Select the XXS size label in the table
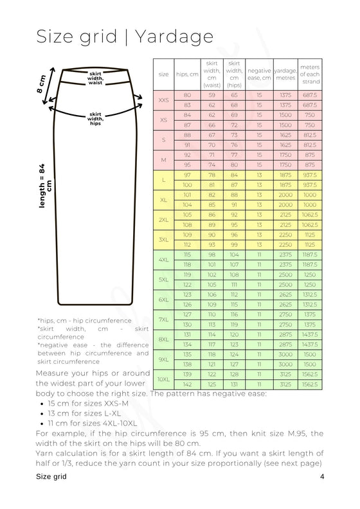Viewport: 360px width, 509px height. coord(163,100)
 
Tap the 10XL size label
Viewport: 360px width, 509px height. coord(163,380)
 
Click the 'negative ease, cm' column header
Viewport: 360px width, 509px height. coord(259,74)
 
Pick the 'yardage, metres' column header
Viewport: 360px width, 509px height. coord(285,74)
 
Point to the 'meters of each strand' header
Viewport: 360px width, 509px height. coord(310,74)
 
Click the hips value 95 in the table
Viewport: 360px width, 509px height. coord(187,165)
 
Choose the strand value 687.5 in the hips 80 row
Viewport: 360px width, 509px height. coord(310,95)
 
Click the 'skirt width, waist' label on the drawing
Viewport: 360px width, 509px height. coord(96,77)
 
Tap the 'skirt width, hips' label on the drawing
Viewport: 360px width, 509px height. coord(96,119)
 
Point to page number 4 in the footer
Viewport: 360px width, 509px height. coord(321,477)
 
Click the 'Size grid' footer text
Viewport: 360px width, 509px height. coord(51,477)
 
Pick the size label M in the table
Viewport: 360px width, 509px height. coord(163,160)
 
